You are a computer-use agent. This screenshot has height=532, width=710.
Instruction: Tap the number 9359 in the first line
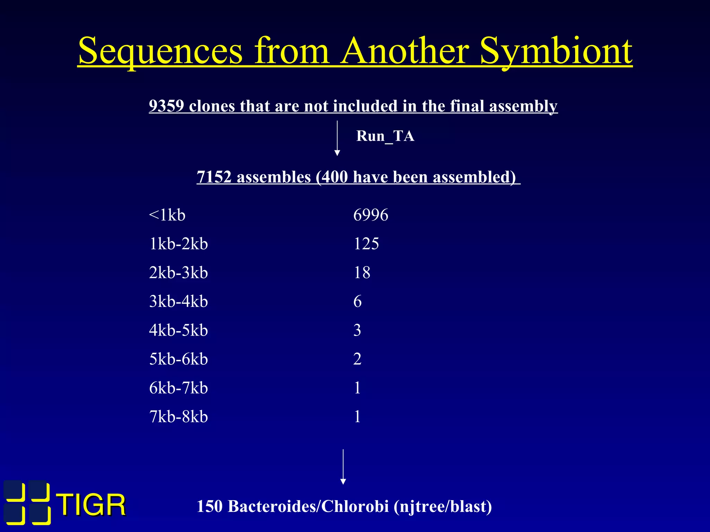pyautogui.click(x=166, y=106)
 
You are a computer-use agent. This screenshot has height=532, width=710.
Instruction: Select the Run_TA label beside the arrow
pyautogui.click(x=385, y=136)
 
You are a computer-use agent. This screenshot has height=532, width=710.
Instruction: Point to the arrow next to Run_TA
pyautogui.click(x=337, y=138)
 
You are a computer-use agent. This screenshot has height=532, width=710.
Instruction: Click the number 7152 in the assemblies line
pyautogui.click(x=214, y=177)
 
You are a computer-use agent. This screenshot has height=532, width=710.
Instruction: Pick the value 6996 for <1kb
pyautogui.click(x=371, y=215)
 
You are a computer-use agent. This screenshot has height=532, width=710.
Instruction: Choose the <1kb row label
pyautogui.click(x=167, y=215)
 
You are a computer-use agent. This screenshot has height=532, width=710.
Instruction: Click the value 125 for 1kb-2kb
pyautogui.click(x=366, y=243)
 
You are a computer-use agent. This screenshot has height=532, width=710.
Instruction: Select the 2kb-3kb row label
pyautogui.click(x=179, y=273)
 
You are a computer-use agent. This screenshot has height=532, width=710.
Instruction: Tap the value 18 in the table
pyautogui.click(x=362, y=273)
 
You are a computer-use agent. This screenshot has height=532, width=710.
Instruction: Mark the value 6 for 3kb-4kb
pyautogui.click(x=357, y=301)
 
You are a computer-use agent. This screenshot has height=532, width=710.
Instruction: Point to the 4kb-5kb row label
pyautogui.click(x=179, y=330)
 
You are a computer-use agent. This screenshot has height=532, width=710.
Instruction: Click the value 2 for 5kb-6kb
pyautogui.click(x=357, y=359)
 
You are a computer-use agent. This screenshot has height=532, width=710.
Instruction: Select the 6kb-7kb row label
pyautogui.click(x=179, y=388)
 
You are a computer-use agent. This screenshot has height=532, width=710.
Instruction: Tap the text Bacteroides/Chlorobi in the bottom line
pyautogui.click(x=308, y=506)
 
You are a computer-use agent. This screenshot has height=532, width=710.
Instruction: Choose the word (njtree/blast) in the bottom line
pyautogui.click(x=443, y=506)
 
